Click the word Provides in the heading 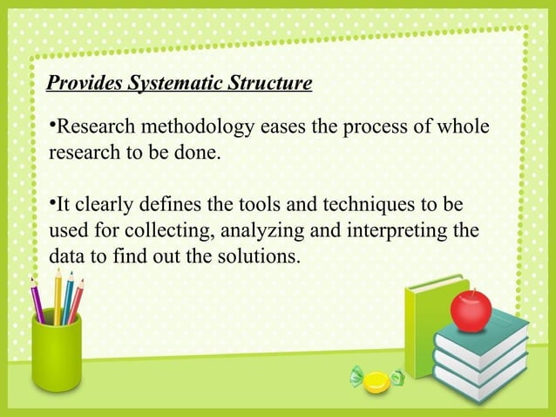click(x=85, y=85)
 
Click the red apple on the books click(x=471, y=311)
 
